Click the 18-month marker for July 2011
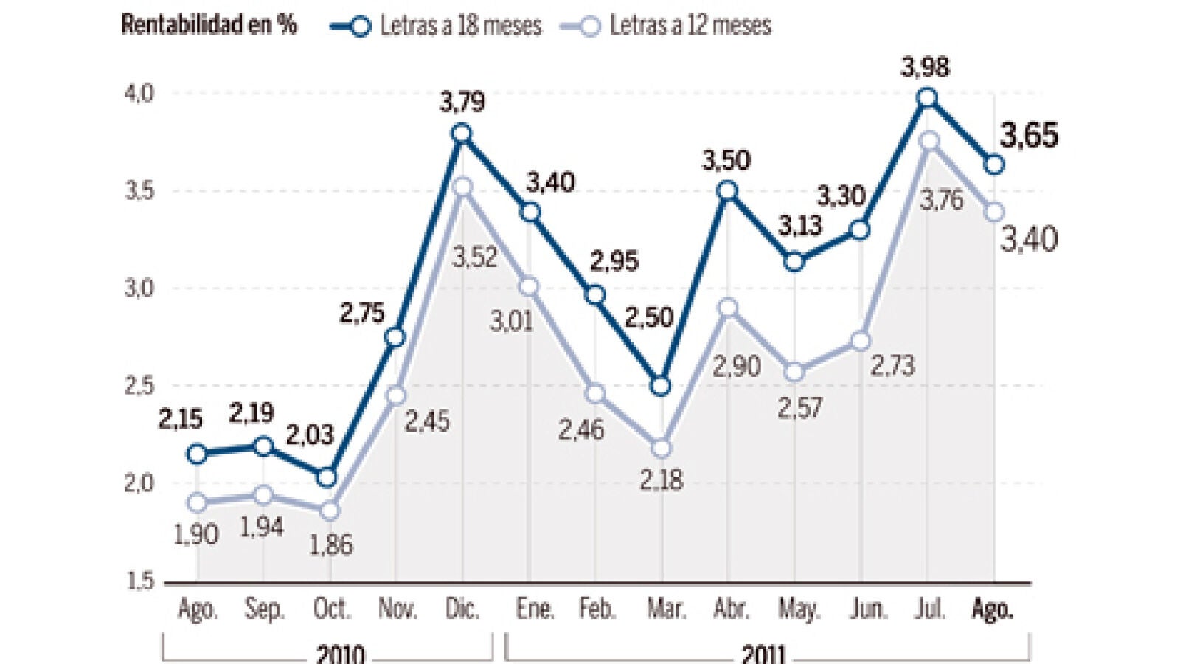[x=928, y=97]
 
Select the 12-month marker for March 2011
[x=661, y=448]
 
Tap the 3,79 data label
[x=462, y=102]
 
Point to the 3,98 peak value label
[x=925, y=68]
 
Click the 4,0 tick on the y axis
[x=139, y=94]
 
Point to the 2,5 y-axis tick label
[x=139, y=385]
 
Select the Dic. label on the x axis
[x=462, y=609]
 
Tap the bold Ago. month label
[x=992, y=609]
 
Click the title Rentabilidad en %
[x=209, y=25]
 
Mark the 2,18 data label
[x=661, y=481]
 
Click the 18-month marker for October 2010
[x=329, y=477]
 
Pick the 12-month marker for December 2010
[x=462, y=187]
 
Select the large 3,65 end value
[x=1029, y=136]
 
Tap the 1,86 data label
[x=330, y=545]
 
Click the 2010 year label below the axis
[x=340, y=653]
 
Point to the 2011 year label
[x=764, y=653]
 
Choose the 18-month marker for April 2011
[x=727, y=191]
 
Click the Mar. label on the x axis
[x=666, y=609]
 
